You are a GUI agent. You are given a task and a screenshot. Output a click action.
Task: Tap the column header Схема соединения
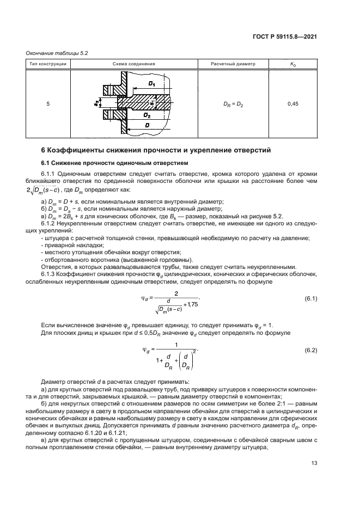134,64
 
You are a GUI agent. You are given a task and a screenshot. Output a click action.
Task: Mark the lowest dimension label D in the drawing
148,125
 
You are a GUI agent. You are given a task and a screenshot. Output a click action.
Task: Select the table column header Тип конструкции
48,64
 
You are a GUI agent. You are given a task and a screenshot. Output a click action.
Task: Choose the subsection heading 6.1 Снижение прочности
115,163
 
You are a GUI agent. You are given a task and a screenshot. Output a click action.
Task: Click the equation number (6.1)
310,299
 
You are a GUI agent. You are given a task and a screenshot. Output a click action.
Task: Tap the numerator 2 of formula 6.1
176,293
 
